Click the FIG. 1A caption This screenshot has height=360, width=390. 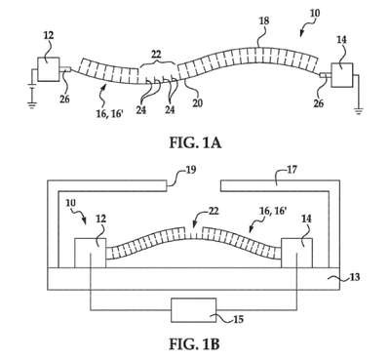coord(195,142)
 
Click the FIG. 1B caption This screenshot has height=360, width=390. coord(194,344)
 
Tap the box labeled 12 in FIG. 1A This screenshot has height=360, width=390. coord(49,69)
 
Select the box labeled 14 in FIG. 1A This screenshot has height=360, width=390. coord(342,75)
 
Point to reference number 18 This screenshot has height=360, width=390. coord(264,21)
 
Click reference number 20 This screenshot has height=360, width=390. coord(197,103)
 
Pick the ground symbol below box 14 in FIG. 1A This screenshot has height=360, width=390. coord(358,111)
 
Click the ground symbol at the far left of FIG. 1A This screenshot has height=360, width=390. coord(31,104)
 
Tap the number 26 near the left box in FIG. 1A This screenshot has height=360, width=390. coord(64,99)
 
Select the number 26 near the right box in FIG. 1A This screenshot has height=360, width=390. coord(319,102)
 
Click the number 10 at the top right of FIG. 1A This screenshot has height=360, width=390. coord(315,13)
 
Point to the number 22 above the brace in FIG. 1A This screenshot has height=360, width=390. coord(156,54)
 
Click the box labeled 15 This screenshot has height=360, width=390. coord(194,310)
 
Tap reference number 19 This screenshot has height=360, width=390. coord(191,169)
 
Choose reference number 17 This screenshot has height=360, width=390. coord(292,169)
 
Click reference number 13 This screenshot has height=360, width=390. coord(355,277)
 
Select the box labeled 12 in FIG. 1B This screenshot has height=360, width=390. coord(90,253)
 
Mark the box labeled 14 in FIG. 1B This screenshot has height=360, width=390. coord(297,253)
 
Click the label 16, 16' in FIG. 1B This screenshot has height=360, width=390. coord(272,212)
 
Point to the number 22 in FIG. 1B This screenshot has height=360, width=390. coord(213,211)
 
